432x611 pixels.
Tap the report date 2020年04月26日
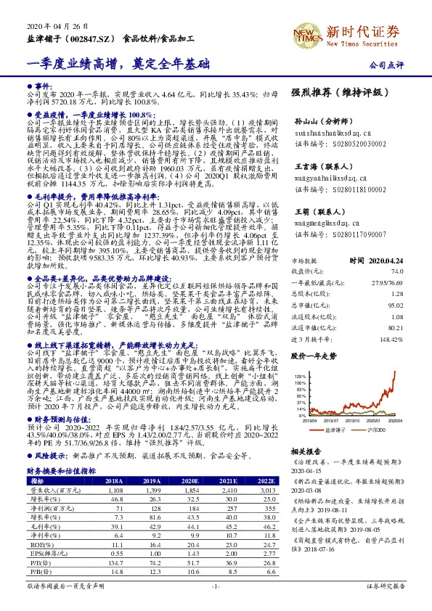pyautogui.click(x=48, y=28)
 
